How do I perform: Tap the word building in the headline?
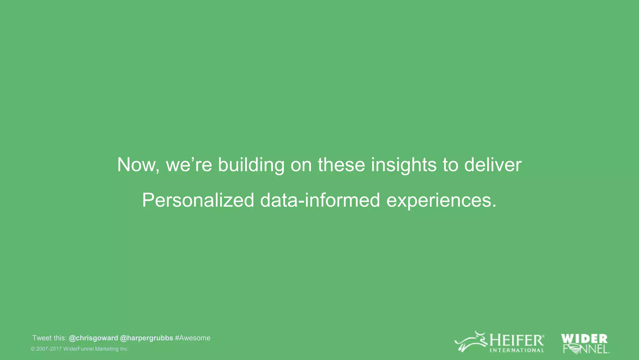(x=251, y=165)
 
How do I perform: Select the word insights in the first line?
(x=404, y=165)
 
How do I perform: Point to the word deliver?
(x=493, y=165)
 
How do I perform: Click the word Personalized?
(x=198, y=200)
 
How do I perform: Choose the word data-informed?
(x=320, y=200)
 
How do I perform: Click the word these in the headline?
(x=341, y=165)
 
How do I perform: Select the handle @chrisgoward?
(x=93, y=338)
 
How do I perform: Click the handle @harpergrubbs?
(x=146, y=338)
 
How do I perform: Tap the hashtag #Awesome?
(x=193, y=338)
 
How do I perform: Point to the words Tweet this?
(x=49, y=338)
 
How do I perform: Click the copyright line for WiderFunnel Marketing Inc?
(x=80, y=349)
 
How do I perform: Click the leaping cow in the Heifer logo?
(x=471, y=342)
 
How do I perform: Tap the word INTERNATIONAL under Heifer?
(x=517, y=350)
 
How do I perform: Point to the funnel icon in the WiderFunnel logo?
(x=574, y=349)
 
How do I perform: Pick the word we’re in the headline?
(x=189, y=165)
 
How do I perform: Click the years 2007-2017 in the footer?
(x=49, y=349)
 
